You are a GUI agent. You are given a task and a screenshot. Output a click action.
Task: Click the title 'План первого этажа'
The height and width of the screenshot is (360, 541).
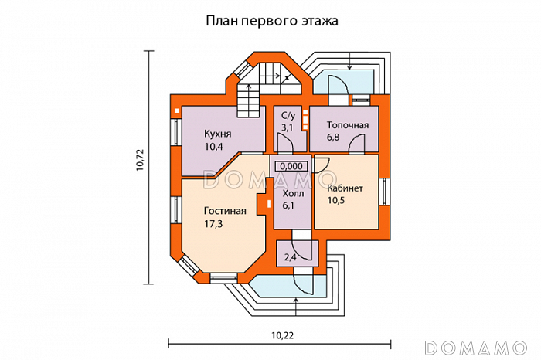(272, 20)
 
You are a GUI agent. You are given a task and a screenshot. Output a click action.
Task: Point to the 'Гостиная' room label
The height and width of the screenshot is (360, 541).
(225, 210)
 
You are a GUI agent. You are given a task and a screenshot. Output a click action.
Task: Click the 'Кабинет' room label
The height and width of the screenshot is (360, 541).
(347, 188)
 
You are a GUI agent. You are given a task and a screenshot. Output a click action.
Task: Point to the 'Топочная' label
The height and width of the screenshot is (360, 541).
(347, 124)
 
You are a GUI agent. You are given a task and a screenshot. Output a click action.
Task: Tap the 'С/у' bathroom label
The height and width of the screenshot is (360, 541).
(288, 114)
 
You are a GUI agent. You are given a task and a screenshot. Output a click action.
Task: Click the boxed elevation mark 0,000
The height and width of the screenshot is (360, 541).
(291, 166)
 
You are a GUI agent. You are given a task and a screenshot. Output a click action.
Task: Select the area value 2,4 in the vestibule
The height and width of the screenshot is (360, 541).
(291, 256)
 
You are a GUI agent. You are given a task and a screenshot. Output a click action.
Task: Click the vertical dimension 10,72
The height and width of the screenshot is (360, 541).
(140, 160)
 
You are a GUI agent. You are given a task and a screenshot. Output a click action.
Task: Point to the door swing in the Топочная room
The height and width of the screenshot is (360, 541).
(357, 144)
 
